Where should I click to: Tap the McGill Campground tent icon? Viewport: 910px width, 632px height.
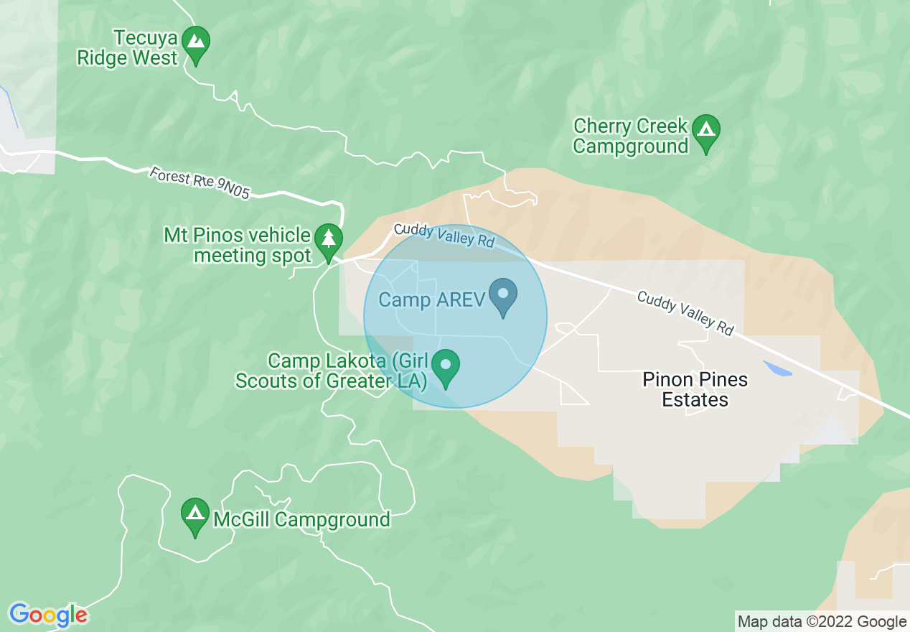194,515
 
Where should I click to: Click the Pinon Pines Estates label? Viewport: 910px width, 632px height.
695,389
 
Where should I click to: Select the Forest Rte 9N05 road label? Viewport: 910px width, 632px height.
200,183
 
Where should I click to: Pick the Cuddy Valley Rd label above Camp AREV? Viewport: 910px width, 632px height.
444,235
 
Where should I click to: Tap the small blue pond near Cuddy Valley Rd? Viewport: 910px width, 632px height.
777,369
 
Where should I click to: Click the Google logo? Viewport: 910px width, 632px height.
48,615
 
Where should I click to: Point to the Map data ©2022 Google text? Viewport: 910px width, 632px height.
822,622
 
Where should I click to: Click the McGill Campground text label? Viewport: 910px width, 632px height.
301,519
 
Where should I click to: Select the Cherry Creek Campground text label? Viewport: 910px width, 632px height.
631,136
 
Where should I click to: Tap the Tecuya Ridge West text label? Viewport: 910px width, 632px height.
127,48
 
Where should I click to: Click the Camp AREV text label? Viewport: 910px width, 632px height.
432,299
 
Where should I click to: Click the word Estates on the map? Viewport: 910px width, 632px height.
695,399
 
